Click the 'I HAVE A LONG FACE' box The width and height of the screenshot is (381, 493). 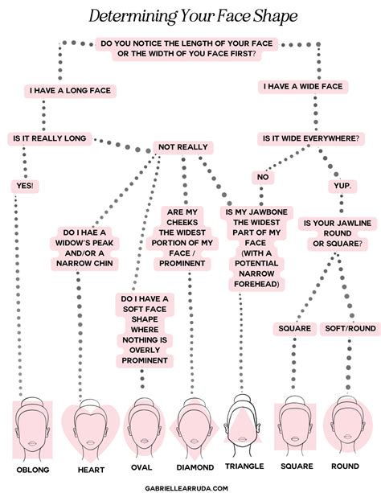point(70,91)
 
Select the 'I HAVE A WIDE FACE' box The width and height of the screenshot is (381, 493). point(303,87)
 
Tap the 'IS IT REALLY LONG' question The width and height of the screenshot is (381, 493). point(50,138)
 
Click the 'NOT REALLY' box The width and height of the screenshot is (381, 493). point(183,147)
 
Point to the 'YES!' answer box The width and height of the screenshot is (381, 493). point(25,186)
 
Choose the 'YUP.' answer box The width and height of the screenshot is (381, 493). point(342,186)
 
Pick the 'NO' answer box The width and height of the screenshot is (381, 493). point(263,177)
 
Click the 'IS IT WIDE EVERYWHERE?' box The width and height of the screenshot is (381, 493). point(311,138)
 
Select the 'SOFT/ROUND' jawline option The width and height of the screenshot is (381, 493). point(350,329)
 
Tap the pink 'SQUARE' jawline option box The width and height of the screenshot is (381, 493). point(294,329)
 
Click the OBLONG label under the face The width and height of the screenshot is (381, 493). point(33,470)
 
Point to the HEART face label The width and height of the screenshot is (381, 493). point(91,470)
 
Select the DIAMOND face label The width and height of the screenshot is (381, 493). point(195,467)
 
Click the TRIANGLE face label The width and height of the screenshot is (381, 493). point(244,466)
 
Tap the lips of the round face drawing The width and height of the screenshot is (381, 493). point(348,437)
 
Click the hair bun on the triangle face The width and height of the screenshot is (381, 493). point(241,399)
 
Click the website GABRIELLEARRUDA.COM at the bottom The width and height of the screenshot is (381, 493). point(186,488)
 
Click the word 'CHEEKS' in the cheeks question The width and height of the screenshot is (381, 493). point(182,223)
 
